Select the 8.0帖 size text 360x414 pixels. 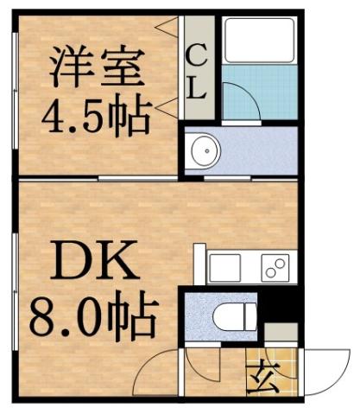coord(95,318)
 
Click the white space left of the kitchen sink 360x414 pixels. coord(199,263)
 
